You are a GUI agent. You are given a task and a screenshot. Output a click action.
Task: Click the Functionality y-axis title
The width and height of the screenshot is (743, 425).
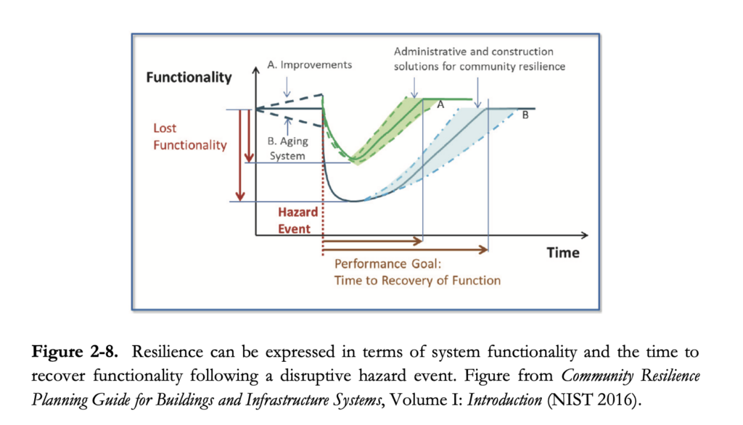(189, 77)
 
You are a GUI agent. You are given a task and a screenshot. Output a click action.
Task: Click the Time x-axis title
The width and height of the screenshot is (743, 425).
(563, 252)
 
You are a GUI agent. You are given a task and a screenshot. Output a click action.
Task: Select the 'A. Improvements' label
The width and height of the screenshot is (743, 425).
(309, 65)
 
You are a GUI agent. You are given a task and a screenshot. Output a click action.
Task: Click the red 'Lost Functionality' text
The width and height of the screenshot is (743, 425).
(189, 136)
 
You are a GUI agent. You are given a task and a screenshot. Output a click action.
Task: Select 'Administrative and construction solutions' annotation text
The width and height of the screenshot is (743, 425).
(479, 59)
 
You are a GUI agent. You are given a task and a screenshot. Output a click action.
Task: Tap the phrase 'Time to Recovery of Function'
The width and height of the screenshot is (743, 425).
(417, 280)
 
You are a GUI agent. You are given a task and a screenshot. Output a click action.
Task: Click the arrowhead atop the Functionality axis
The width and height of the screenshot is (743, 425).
(255, 70)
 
